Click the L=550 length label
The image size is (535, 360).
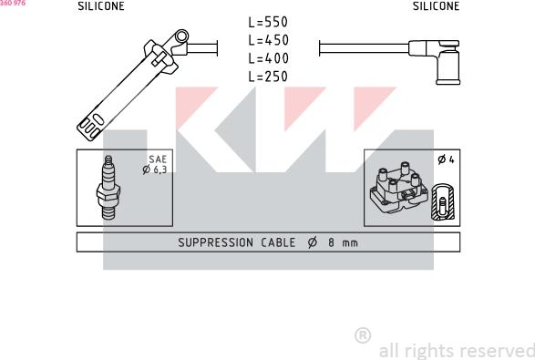268,22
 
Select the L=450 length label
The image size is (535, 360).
268,40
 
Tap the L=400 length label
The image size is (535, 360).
268,58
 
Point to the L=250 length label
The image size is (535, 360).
268,77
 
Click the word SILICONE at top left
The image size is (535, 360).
101,6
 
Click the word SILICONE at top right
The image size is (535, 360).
436,6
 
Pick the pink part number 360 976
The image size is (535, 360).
13,3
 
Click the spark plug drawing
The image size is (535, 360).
108,188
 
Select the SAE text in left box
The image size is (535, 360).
158,159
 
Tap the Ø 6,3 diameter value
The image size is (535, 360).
155,170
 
